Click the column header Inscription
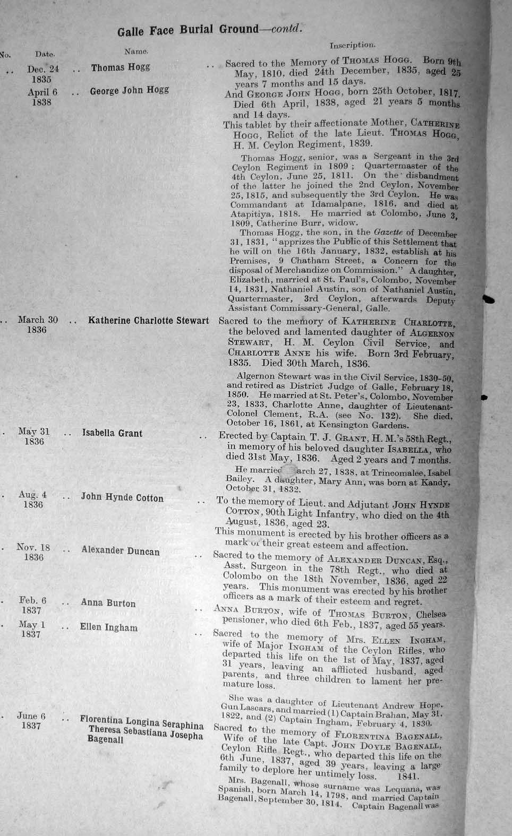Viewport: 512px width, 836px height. point(352,46)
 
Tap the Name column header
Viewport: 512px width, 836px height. point(136,51)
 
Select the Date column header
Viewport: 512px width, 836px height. point(45,54)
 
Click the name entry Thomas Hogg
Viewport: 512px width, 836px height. point(121,67)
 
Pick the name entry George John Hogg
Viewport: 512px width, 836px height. point(129,91)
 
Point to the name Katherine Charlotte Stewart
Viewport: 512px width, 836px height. point(148,321)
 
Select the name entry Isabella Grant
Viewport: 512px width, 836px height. point(112,433)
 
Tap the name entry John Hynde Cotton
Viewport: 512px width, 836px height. point(122,498)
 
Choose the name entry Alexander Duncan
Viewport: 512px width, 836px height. point(121,550)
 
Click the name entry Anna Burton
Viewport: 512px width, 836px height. point(108,603)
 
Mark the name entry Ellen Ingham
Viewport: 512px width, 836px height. point(108,627)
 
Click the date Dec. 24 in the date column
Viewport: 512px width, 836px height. point(43,69)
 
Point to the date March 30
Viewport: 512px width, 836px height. point(38,320)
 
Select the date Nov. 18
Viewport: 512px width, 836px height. point(33,548)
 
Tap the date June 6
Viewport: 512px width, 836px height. point(31,716)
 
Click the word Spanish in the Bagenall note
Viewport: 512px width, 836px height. point(234,789)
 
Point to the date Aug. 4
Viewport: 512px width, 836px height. point(32,495)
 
